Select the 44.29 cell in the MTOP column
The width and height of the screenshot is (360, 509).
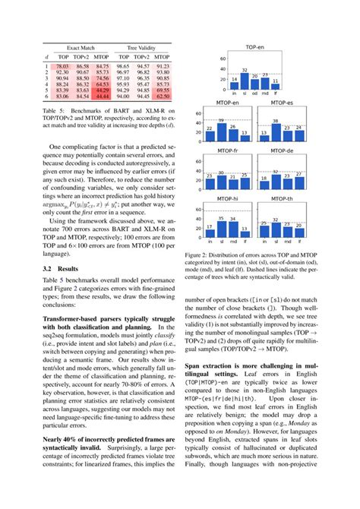[x=103, y=90]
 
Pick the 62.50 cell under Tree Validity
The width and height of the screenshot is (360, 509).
[x=162, y=96]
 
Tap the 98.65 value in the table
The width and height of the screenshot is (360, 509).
[x=122, y=67]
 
